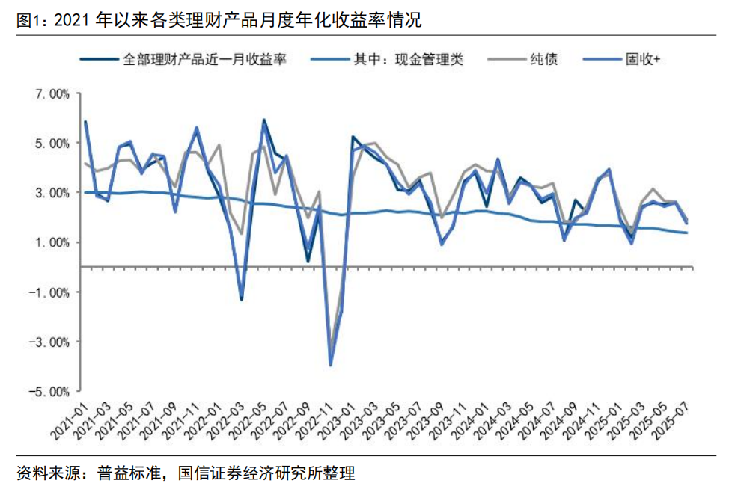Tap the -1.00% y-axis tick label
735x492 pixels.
(48, 292)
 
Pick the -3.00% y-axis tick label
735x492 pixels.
(48, 342)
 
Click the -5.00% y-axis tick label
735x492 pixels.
(48, 391)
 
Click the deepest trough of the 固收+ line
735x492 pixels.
(331, 365)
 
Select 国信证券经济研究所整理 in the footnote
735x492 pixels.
(266, 473)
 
